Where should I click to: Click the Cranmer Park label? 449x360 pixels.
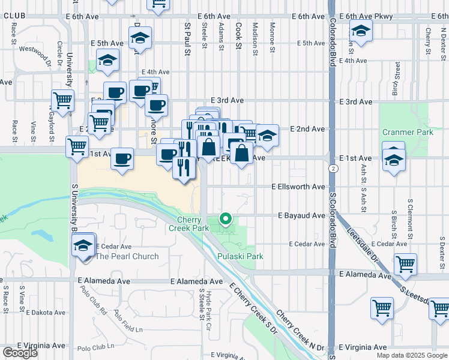(x=403, y=131)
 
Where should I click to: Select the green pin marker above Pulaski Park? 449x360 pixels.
(x=226, y=220)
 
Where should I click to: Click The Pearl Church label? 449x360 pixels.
(x=127, y=256)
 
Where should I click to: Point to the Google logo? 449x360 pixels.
(x=20, y=353)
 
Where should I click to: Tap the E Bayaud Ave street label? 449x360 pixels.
(x=301, y=215)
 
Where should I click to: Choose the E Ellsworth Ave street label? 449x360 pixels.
(x=298, y=187)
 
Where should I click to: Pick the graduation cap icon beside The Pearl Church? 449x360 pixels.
(x=83, y=245)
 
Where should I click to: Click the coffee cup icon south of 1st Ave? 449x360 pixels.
(x=122, y=159)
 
